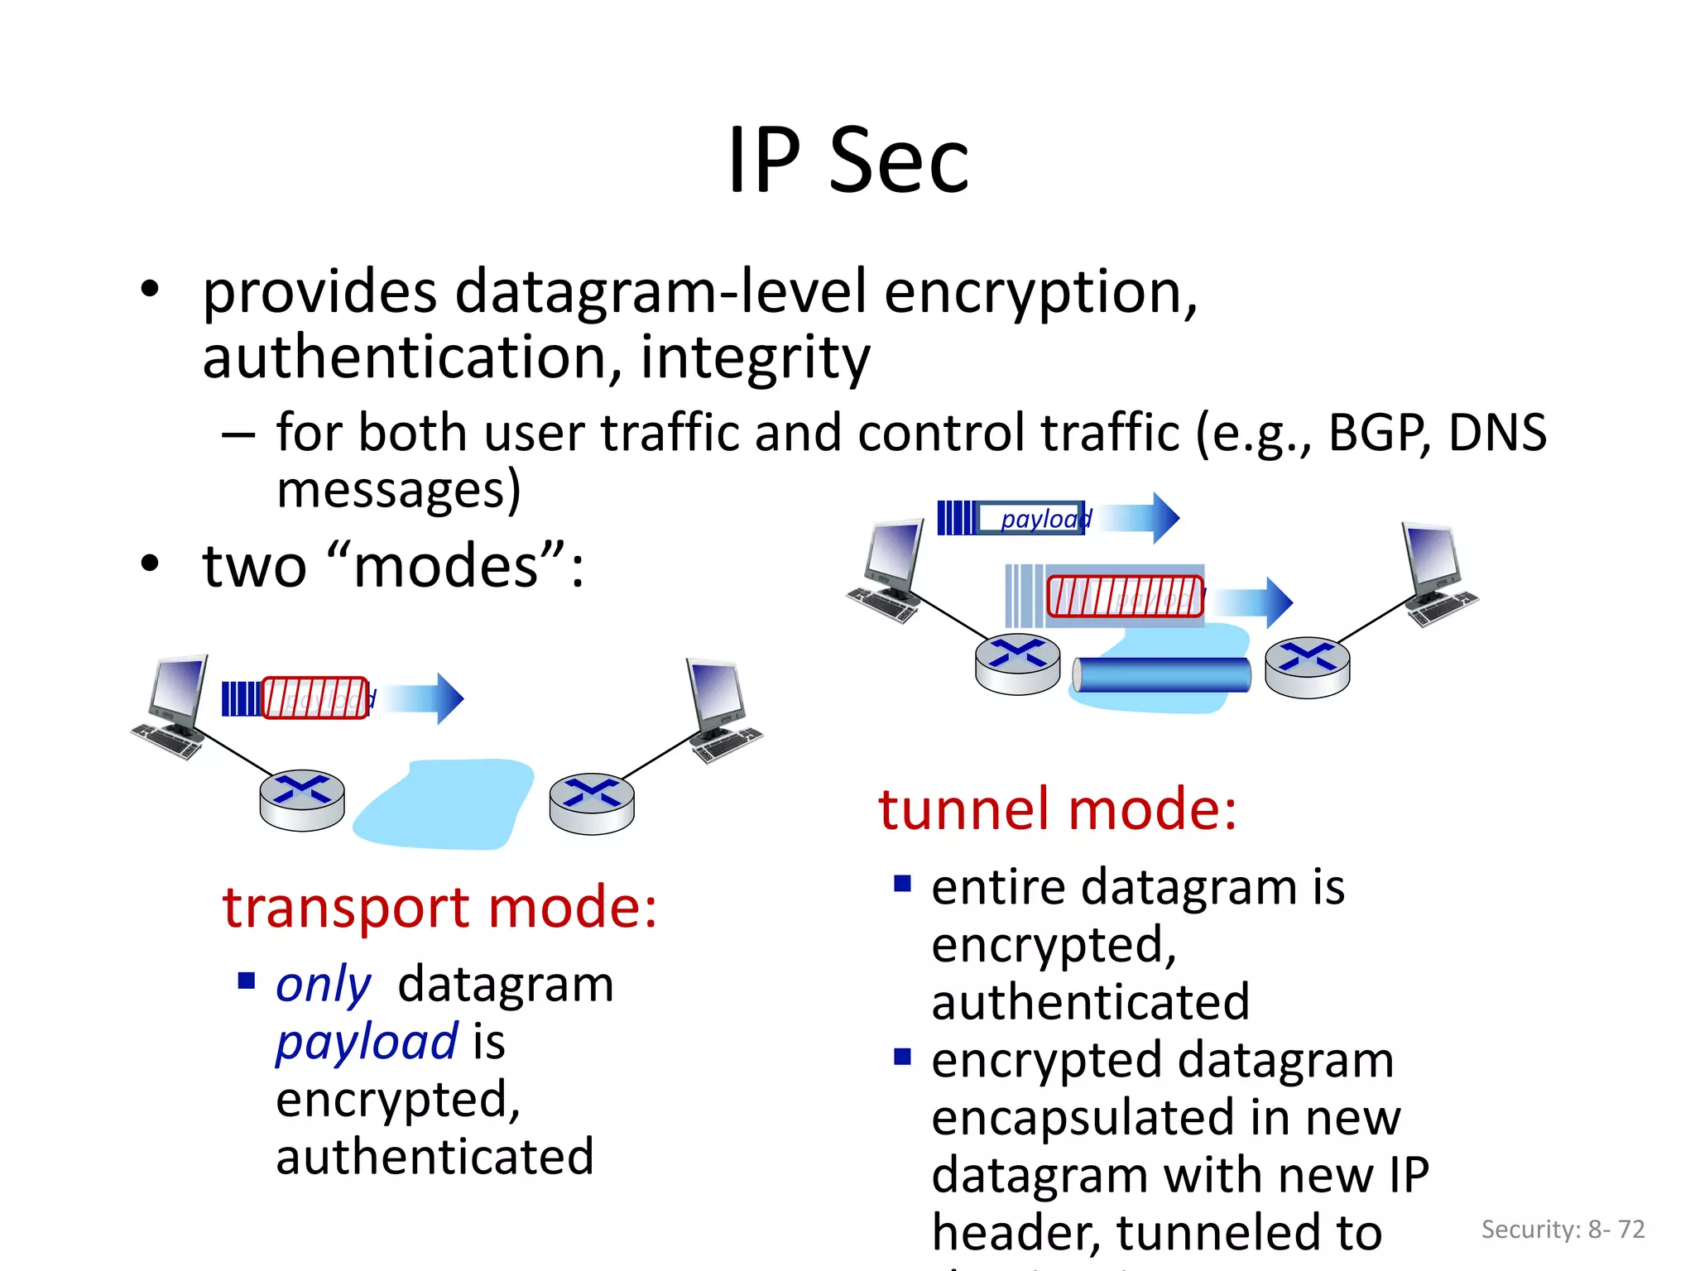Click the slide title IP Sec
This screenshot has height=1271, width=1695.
point(847,161)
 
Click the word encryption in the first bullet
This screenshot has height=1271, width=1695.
point(1040,293)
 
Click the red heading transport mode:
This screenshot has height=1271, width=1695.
point(439,908)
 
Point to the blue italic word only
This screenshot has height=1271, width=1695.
point(323,985)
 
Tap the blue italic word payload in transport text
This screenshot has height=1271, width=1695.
point(366,1042)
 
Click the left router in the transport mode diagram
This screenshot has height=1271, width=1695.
point(302,799)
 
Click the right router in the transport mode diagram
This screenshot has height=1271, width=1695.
point(592,803)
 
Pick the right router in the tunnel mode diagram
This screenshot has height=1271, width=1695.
point(1308,667)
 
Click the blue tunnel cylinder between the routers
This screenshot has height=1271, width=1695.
point(1162,674)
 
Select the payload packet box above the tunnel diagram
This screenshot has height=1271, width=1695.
point(1030,518)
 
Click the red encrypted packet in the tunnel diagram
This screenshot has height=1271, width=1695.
point(1124,597)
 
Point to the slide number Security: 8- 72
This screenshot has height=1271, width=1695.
point(1563,1230)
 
